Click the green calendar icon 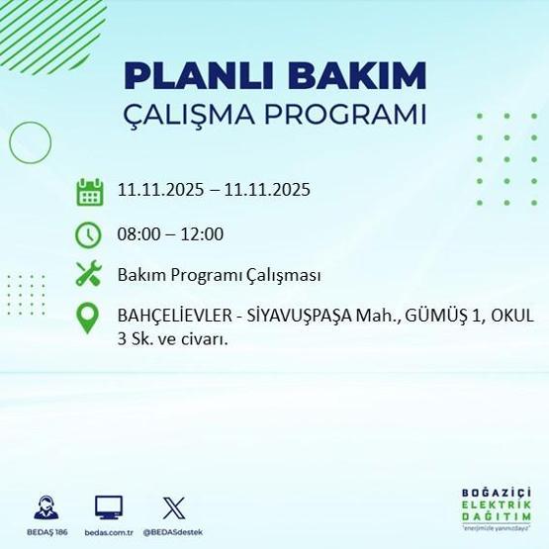[x=89, y=190]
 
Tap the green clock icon [x=89, y=234]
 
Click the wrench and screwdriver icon [x=89, y=274]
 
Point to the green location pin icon [x=89, y=317]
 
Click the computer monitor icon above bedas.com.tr [x=109, y=507]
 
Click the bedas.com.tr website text [x=109, y=531]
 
